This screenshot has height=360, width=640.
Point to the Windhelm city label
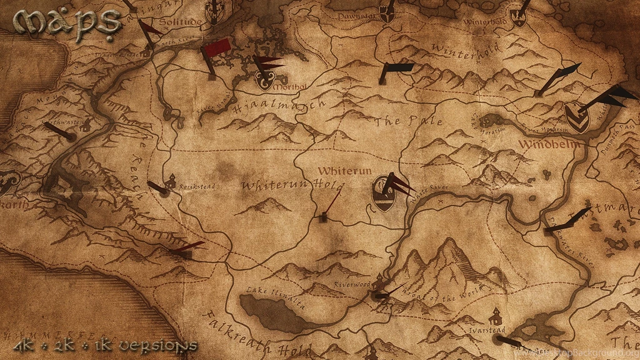click(548, 144)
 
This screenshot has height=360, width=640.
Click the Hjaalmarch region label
click(279, 106)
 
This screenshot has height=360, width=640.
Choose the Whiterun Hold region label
click(292, 186)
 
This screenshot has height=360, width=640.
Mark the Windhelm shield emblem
click(576, 117)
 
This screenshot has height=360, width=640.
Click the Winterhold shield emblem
click(518, 17)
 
